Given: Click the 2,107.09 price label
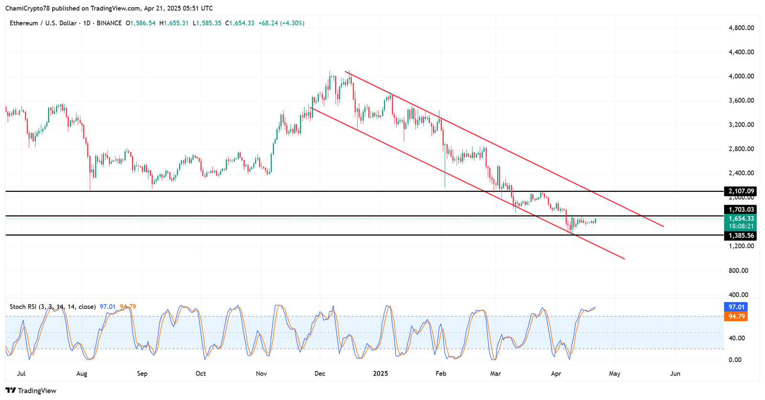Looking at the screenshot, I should tap(741, 191).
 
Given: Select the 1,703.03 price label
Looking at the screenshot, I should tap(741, 210).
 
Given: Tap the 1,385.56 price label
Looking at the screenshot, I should tap(741, 236).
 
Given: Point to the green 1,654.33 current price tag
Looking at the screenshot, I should tap(741, 219).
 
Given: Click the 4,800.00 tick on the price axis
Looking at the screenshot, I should tap(741, 28).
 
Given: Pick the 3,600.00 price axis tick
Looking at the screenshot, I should tap(741, 100).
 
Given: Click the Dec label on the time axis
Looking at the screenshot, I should tap(320, 373).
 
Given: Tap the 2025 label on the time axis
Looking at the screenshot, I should tap(381, 373).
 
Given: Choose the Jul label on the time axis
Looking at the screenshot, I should tap(21, 373).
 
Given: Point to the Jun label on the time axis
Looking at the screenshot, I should tap(675, 373).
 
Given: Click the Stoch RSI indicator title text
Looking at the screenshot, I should tap(53, 307).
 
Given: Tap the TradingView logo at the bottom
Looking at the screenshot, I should tap(31, 390).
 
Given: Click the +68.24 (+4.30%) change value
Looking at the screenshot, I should tap(281, 23).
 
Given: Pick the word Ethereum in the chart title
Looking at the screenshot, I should tap(24, 23).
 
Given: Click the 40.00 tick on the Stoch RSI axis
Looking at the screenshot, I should tap(736, 338).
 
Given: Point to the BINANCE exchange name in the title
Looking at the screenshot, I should tap(109, 23).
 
